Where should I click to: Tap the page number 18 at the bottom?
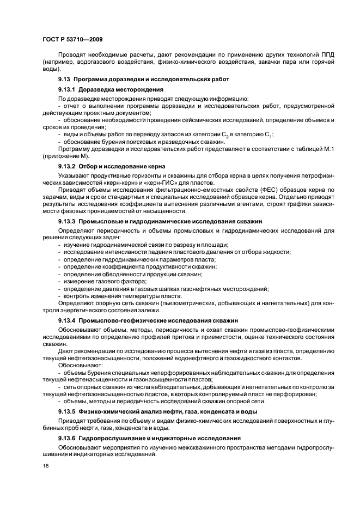coord(45,466)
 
